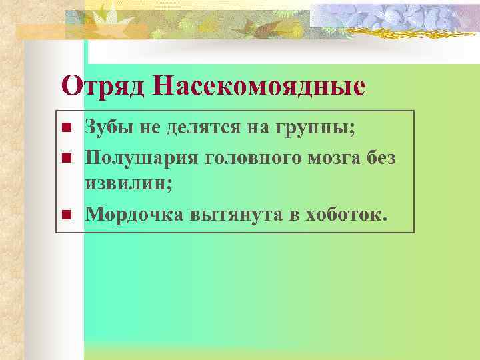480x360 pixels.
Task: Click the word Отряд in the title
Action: pos(101,85)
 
